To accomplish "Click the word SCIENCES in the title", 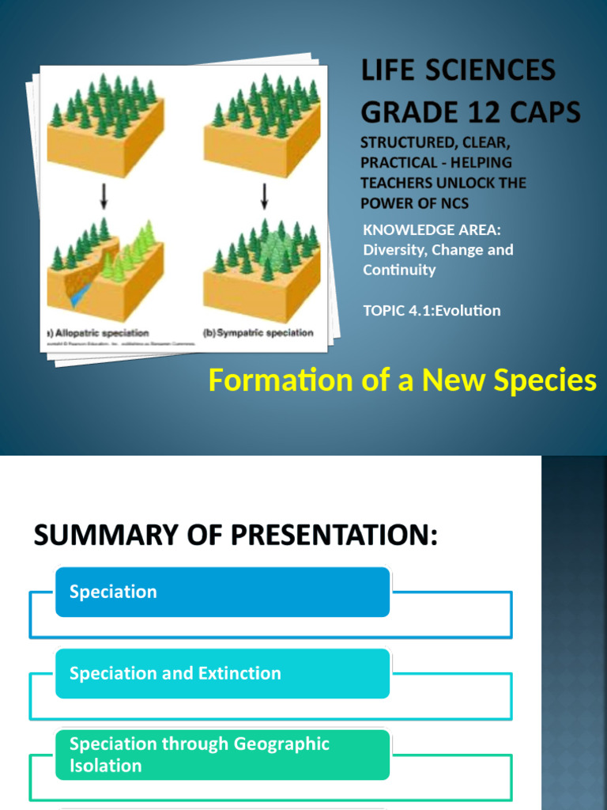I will [492, 71].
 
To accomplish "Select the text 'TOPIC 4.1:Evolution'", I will [432, 310].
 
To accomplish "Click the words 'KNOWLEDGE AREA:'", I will [432, 229].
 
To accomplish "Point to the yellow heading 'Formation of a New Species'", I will [402, 380].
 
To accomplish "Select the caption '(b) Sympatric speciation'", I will [258, 333].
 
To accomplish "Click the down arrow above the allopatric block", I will [104, 194].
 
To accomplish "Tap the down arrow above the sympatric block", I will [264, 194].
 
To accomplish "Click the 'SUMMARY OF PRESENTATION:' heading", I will [235, 537].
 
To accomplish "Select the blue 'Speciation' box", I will [222, 592].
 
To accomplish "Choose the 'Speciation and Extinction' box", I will [222, 673].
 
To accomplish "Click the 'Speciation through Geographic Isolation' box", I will [222, 755].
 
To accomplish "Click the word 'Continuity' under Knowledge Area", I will [399, 270].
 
